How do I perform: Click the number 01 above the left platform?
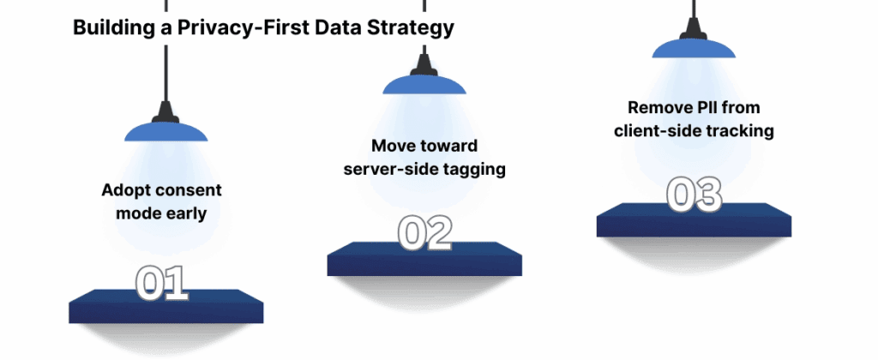tap(161, 284)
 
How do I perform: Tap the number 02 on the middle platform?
tap(424, 234)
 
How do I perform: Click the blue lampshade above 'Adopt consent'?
tap(165, 131)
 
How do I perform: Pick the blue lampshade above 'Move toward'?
tap(424, 85)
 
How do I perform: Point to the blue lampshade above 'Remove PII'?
tap(693, 48)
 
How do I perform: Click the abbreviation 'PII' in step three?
tap(721, 108)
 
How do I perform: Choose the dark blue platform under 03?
tap(693, 221)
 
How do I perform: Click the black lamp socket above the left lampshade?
tap(165, 111)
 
